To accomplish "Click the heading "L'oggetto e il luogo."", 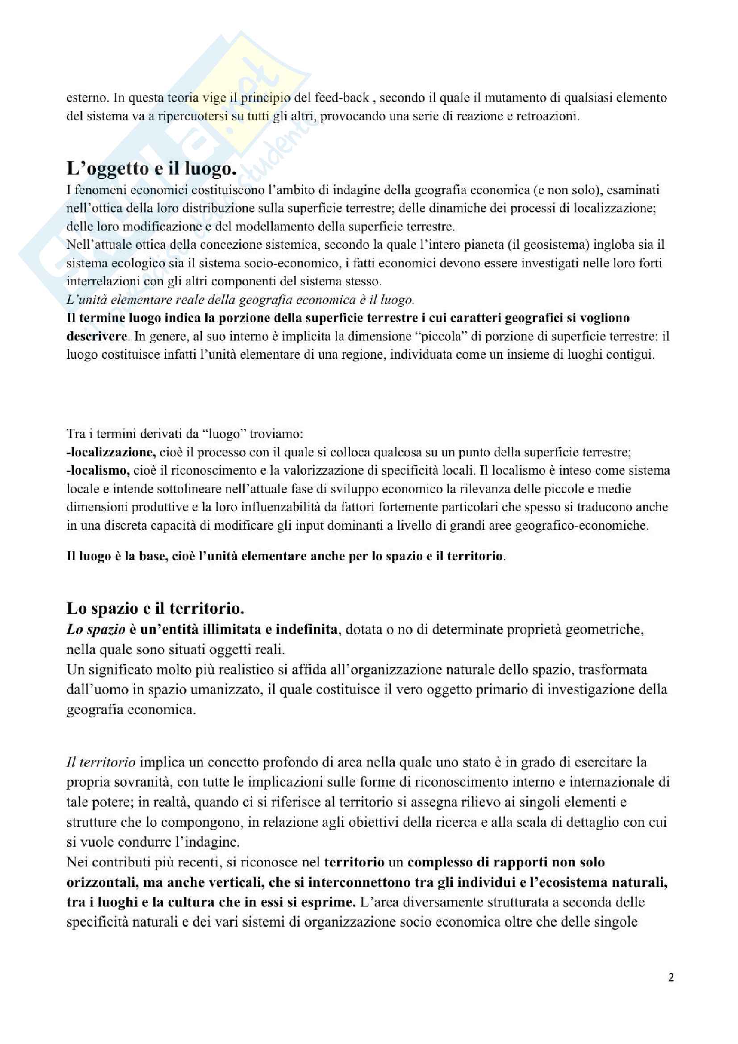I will [151, 169].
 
